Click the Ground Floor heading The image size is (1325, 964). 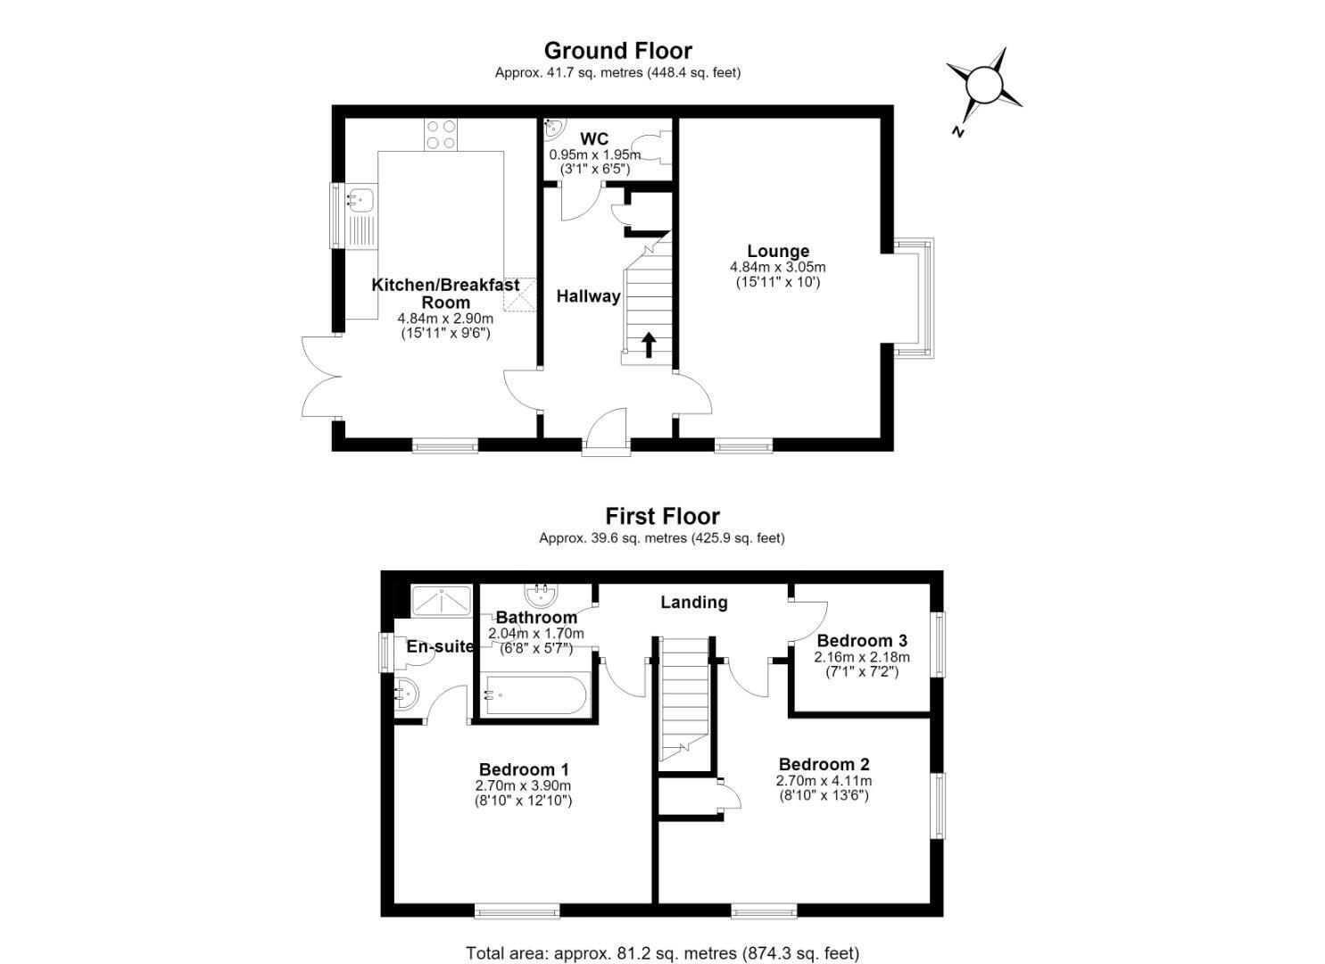(x=617, y=51)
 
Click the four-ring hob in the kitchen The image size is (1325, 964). (x=441, y=134)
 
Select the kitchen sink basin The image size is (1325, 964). (x=360, y=199)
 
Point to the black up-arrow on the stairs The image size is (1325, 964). (x=649, y=345)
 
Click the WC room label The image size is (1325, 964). (x=594, y=139)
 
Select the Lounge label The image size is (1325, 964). (x=778, y=251)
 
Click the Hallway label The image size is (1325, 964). (x=588, y=295)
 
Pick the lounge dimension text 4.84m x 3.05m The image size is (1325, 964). (x=777, y=267)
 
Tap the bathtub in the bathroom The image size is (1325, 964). (x=535, y=695)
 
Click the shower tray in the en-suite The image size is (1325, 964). (x=442, y=602)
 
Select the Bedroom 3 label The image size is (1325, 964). (x=862, y=640)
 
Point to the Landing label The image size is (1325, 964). (x=694, y=602)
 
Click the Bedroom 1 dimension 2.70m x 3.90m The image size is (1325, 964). (x=523, y=785)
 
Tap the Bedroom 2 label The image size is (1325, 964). (x=824, y=764)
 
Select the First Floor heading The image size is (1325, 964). (x=662, y=517)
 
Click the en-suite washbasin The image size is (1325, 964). (x=407, y=695)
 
